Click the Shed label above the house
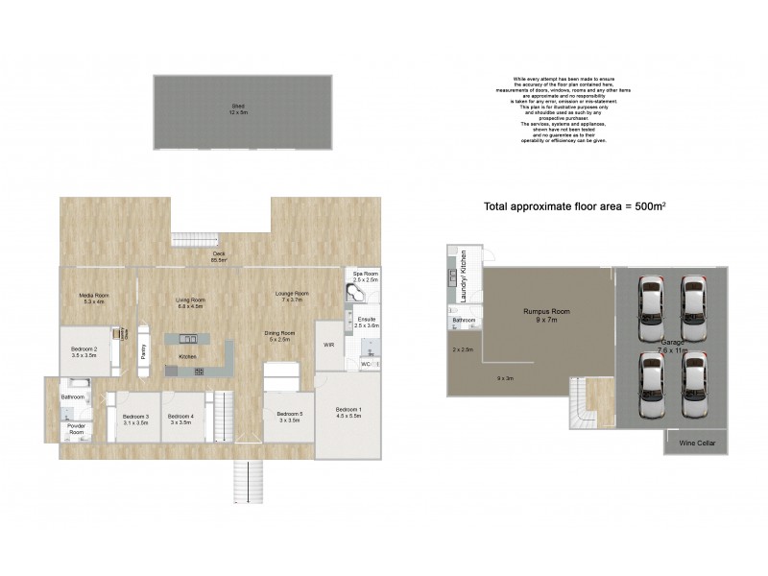pyautogui.click(x=238, y=108)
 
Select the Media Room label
pyautogui.click(x=93, y=297)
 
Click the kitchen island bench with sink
pyautogui.click(x=188, y=339)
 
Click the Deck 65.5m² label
pyautogui.click(x=220, y=256)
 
